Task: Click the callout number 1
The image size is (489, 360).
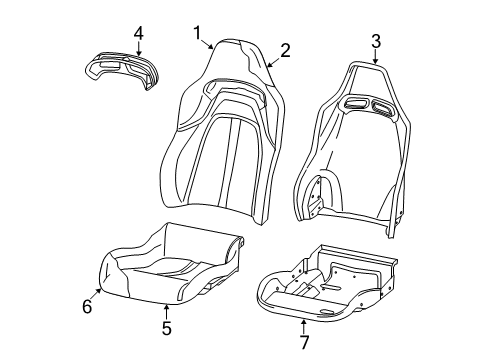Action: (x=198, y=33)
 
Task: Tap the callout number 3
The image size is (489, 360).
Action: (x=375, y=41)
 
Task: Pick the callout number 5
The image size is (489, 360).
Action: (x=167, y=326)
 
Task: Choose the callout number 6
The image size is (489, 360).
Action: (x=87, y=307)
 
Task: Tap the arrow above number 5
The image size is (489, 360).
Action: (x=167, y=306)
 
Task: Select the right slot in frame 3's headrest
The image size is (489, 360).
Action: (x=382, y=106)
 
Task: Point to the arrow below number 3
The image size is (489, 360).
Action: (x=377, y=59)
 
